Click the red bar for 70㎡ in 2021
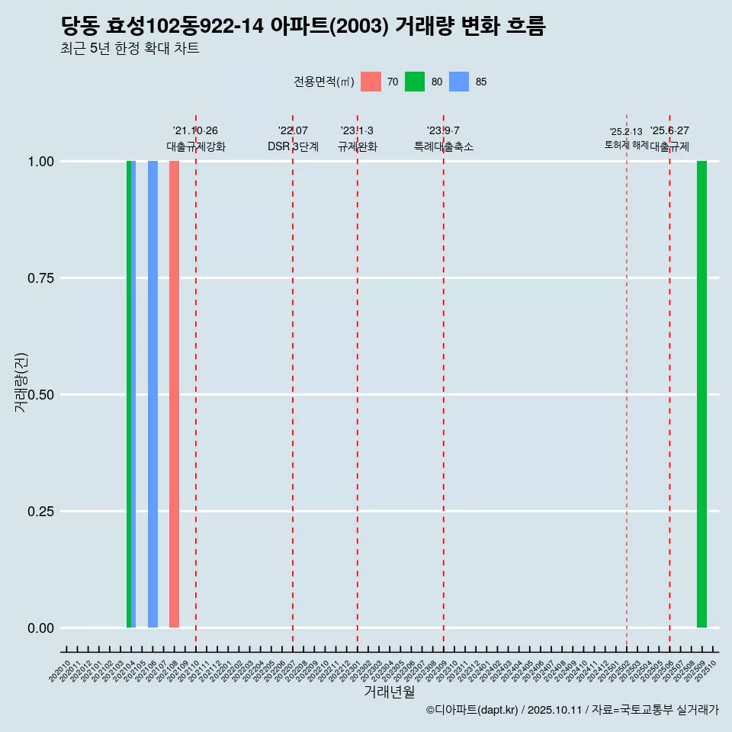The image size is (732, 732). click(x=174, y=394)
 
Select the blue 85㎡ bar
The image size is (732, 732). click(x=152, y=394)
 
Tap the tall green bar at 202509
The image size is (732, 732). click(x=701, y=394)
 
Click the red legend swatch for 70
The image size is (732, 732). click(x=371, y=82)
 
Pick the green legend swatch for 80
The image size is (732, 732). click(x=415, y=82)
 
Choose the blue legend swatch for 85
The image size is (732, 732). click(x=459, y=82)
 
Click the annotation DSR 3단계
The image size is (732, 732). click(x=293, y=147)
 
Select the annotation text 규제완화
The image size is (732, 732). click(x=358, y=147)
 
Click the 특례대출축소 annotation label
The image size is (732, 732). click(x=444, y=147)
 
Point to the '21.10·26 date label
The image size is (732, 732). click(x=195, y=131)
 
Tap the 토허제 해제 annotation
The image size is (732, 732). click(x=626, y=144)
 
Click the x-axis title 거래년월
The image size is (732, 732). click(x=390, y=692)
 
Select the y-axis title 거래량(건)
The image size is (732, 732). click(x=21, y=383)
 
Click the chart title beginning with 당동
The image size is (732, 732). click(x=303, y=26)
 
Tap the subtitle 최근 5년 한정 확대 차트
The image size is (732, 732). click(x=130, y=49)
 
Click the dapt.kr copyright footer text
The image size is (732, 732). click(x=572, y=710)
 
